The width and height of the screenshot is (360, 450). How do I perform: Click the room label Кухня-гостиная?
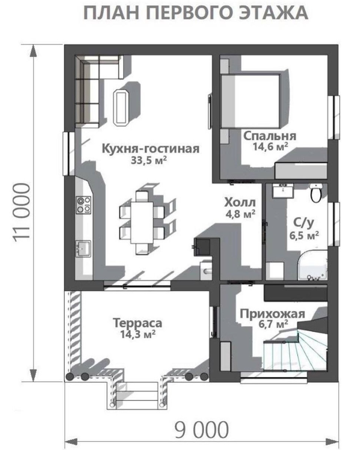pos(151,149)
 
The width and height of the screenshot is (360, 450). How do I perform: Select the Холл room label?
pos(240,202)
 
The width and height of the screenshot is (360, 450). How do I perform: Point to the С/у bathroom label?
pos(303,223)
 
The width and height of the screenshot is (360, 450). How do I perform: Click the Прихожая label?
pos(272,314)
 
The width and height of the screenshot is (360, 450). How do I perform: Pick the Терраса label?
pos(138,322)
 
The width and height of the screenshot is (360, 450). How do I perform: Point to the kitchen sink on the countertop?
pos(83,248)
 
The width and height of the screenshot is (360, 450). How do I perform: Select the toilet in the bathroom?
pos(316,193)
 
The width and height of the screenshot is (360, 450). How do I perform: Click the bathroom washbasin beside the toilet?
pos(283,190)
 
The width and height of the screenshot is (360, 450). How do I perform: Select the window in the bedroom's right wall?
pos(333,117)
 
